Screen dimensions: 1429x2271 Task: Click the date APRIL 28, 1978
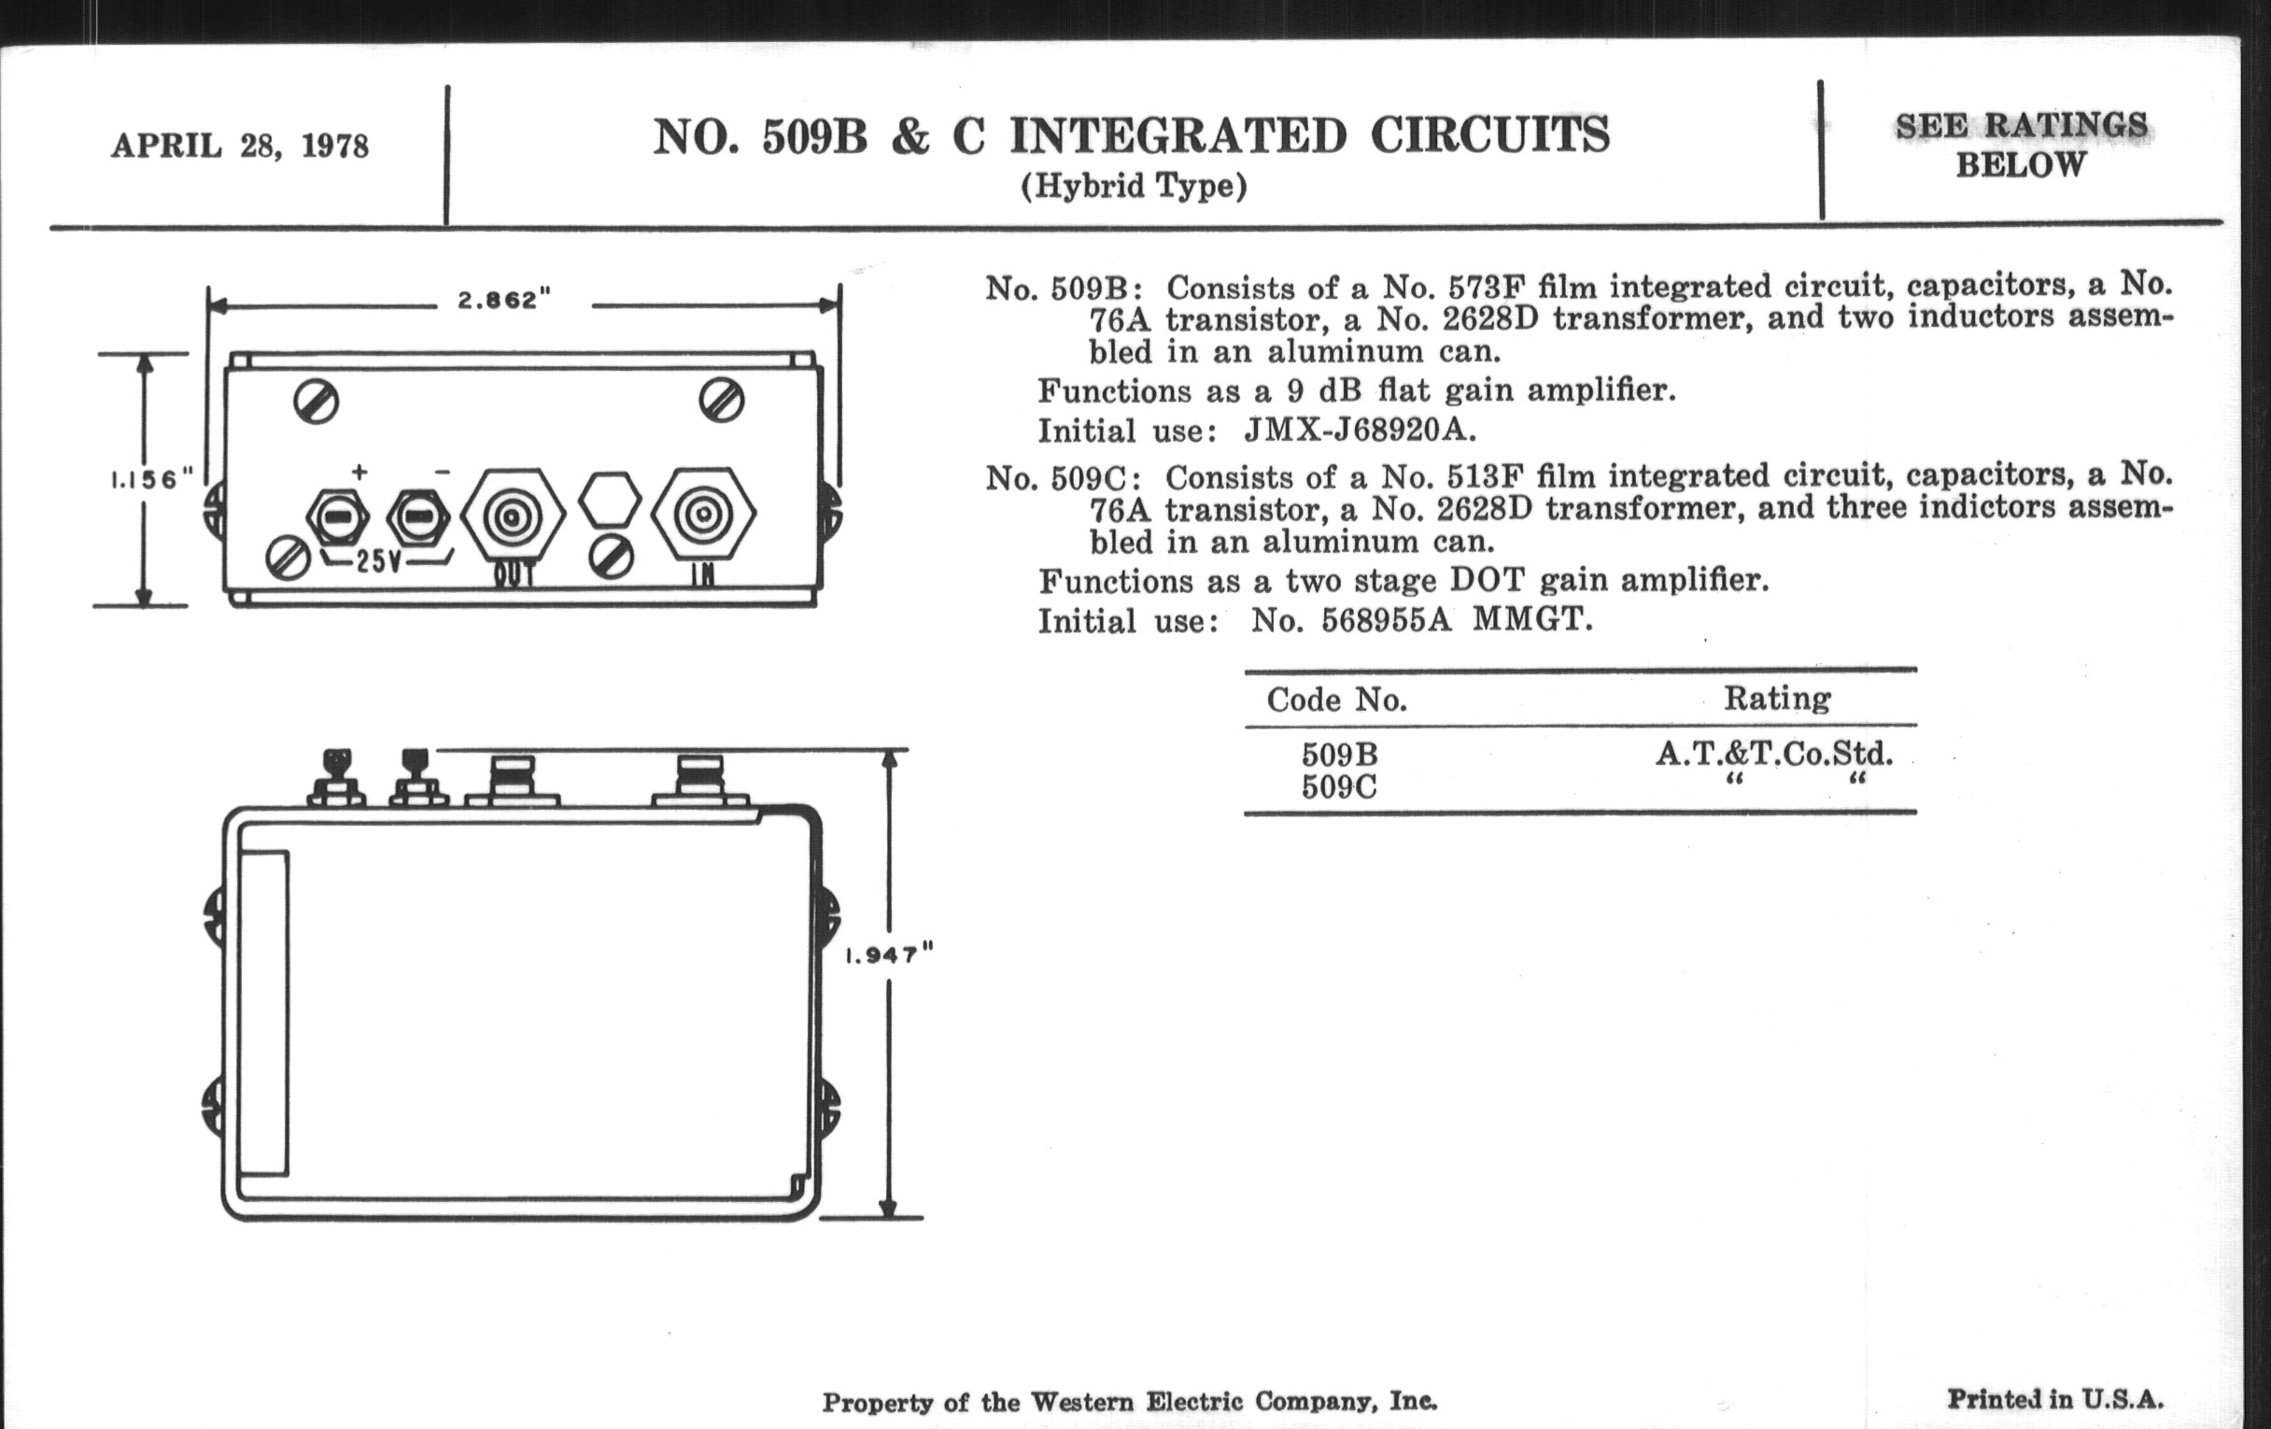240,147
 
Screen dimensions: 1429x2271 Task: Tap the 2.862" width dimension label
503,300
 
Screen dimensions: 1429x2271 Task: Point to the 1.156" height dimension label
152,479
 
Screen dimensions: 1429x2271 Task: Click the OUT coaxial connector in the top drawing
512,516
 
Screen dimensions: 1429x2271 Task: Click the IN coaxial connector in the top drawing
702,515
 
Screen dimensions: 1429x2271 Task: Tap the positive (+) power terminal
338,516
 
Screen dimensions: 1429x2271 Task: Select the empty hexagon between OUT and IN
609,500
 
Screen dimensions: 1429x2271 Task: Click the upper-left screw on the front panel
316,403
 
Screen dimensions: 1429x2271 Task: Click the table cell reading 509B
1339,755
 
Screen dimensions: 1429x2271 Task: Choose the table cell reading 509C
1339,786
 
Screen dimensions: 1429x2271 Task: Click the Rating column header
1777,698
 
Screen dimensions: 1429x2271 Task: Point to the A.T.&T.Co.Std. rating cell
1774,754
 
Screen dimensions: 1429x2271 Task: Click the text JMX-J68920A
1359,431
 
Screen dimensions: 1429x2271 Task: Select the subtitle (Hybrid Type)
1134,186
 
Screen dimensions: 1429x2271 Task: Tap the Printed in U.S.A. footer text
2055,1398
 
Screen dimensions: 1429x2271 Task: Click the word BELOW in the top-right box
2020,165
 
